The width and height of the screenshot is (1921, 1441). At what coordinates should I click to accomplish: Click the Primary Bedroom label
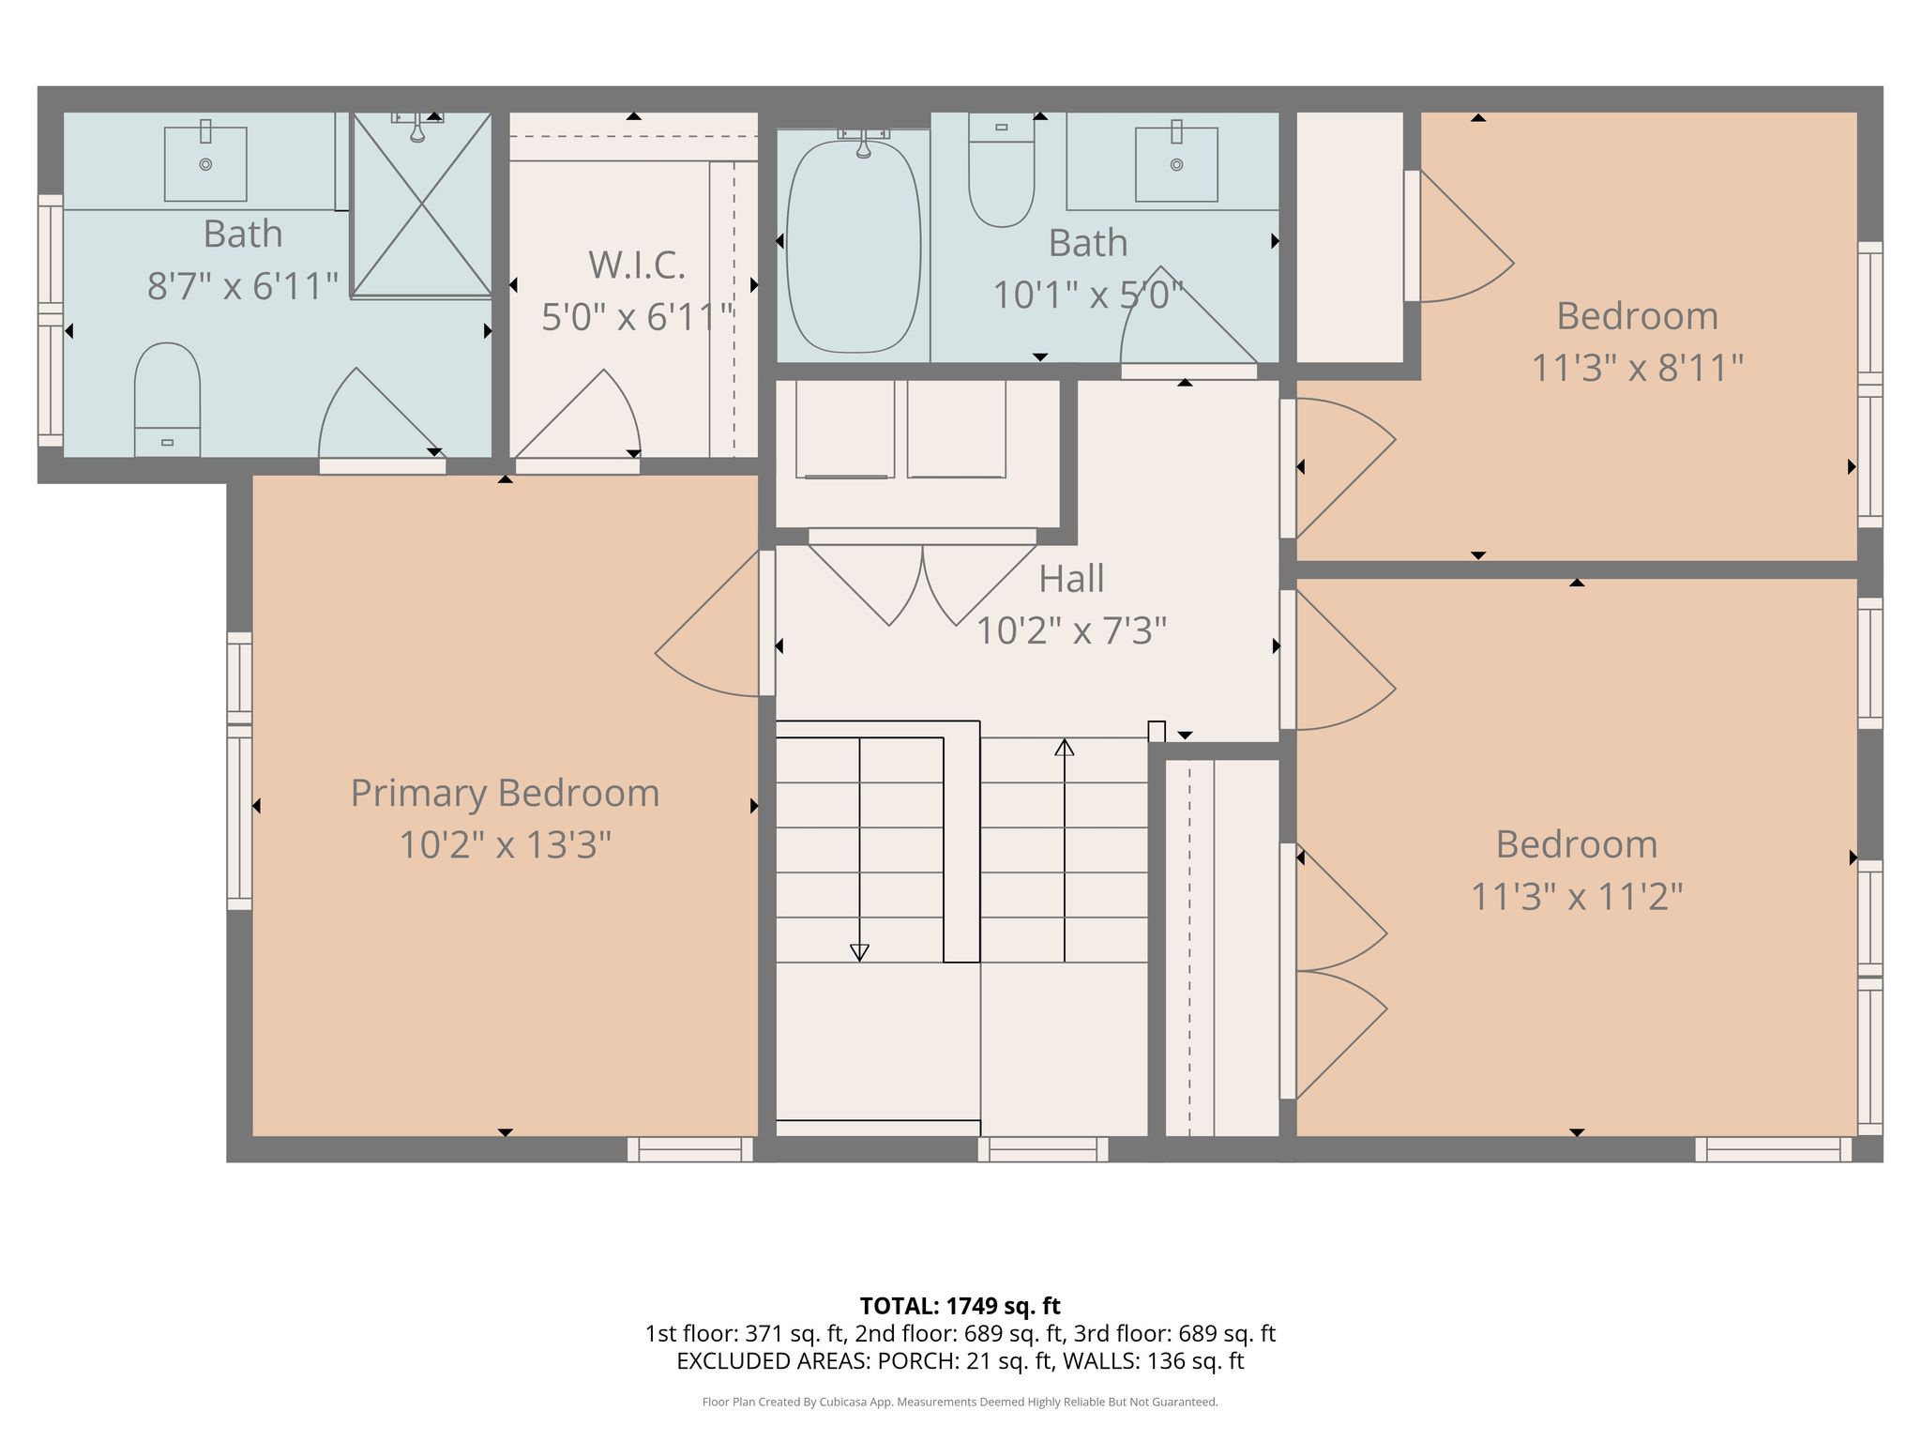505,794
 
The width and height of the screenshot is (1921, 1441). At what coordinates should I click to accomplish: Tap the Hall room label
1071,579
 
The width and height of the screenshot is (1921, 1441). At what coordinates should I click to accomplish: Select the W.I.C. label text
637,265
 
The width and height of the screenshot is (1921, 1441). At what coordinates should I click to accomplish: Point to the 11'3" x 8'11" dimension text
1637,368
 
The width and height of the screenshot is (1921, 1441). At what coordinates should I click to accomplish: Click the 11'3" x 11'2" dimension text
1576,897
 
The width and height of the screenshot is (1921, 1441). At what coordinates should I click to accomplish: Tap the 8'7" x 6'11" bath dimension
243,286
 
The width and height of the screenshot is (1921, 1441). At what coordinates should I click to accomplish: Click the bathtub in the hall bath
854,246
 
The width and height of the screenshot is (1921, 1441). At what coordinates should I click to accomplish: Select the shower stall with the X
421,205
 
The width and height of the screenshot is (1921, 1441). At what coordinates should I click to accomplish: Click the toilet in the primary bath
167,400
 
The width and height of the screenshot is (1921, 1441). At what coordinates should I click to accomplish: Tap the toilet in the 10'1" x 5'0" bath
1001,170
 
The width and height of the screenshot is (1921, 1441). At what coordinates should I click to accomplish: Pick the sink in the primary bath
205,164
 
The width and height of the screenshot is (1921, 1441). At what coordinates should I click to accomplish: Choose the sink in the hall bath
1176,164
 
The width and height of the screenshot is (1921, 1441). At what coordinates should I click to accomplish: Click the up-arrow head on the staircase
1064,747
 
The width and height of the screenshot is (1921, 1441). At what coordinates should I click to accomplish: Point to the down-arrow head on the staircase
859,952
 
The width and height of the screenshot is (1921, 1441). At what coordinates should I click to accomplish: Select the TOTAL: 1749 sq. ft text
960,1306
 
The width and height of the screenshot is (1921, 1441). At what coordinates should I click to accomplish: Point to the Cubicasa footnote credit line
960,1403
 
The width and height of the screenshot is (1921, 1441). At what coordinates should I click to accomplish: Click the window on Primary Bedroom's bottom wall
690,1149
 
